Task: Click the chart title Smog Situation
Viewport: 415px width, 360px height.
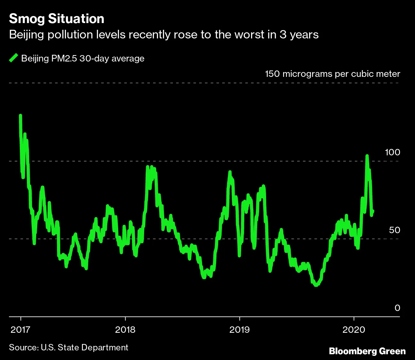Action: point(57,19)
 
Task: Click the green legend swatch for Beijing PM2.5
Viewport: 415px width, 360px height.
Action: point(14,58)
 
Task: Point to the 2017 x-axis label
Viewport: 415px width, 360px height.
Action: point(20,330)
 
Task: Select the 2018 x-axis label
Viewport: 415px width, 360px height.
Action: point(125,330)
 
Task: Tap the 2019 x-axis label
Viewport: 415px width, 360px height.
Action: point(239,330)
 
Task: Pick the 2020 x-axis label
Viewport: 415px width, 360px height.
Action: point(354,330)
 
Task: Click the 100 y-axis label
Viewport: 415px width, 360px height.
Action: point(392,152)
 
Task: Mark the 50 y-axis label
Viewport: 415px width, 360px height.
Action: point(395,230)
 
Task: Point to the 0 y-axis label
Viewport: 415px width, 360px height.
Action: point(397,308)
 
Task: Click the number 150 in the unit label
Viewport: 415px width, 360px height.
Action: point(273,74)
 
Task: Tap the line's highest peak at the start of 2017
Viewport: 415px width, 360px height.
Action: point(20,116)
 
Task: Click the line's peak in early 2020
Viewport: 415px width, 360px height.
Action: point(367,156)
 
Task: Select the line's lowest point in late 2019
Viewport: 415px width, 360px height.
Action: point(316,285)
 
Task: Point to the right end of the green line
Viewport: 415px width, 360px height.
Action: point(373,211)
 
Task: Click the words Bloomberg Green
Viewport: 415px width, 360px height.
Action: point(367,351)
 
